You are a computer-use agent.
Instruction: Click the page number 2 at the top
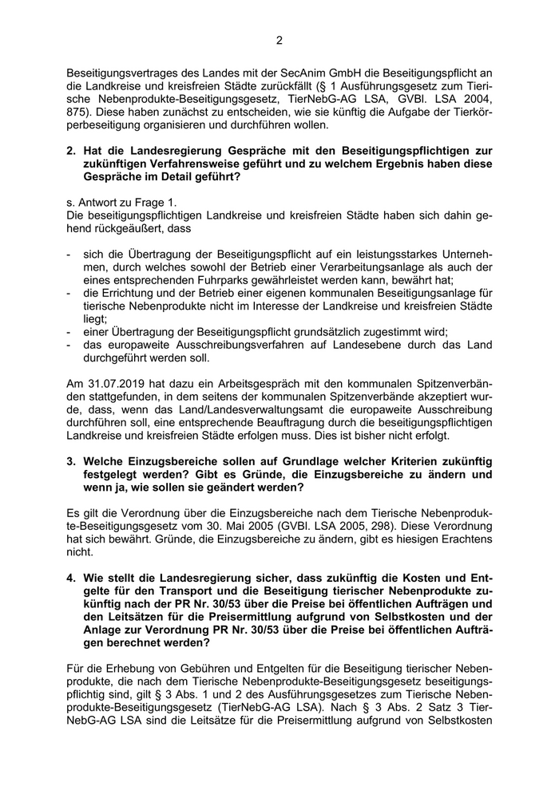pos(279,41)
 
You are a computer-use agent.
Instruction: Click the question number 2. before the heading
pos(72,150)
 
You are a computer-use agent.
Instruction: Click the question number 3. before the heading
pos(72,461)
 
